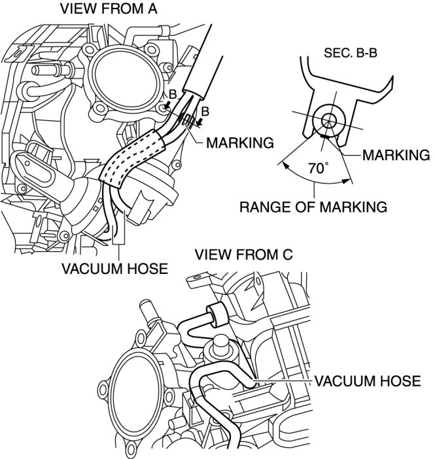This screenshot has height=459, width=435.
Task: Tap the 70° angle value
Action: (x=318, y=168)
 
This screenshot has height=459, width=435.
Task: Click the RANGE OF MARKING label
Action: (x=313, y=207)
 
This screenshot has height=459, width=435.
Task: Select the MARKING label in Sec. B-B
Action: (x=395, y=155)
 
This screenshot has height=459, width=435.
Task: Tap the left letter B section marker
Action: (x=171, y=95)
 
